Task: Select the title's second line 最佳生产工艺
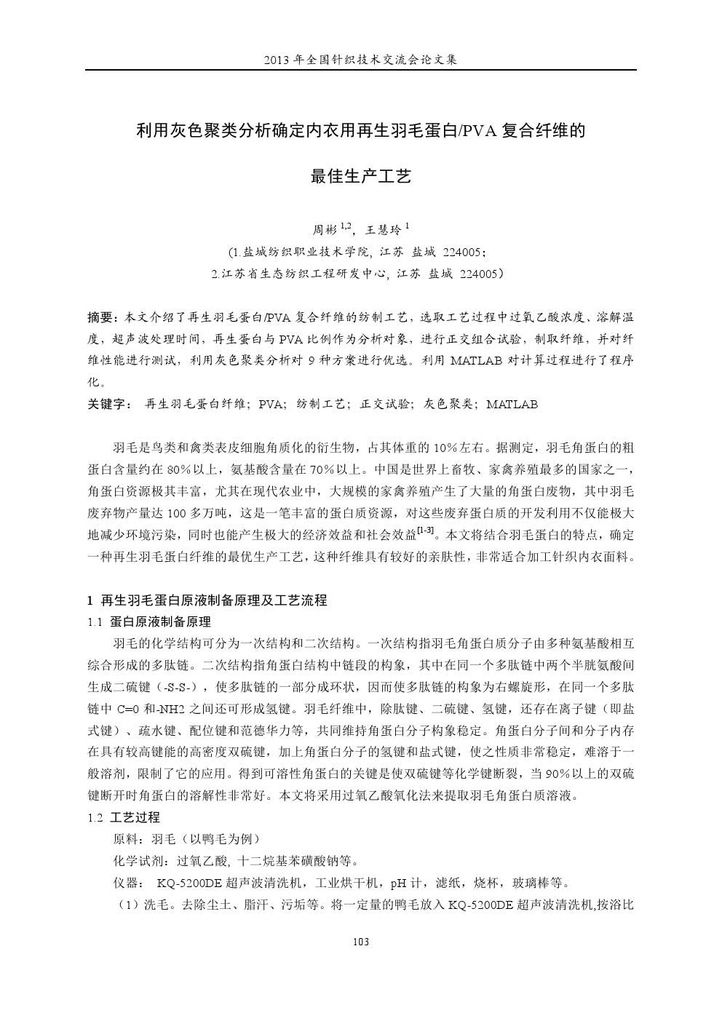coord(361,175)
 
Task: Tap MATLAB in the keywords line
coord(512,404)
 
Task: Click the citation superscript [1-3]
coord(426,531)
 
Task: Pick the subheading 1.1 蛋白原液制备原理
coord(149,622)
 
